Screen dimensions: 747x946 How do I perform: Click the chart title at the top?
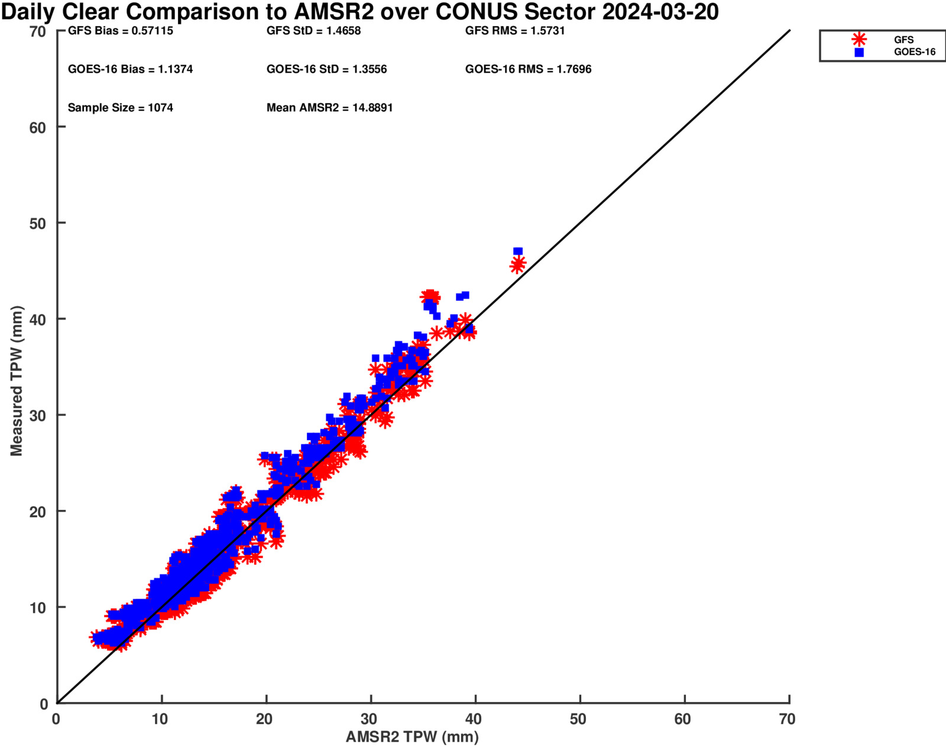coord(359,12)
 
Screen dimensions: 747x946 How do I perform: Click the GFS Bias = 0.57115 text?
coord(121,31)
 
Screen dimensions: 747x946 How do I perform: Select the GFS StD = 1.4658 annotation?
coord(313,31)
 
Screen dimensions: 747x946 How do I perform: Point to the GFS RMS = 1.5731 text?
coord(515,31)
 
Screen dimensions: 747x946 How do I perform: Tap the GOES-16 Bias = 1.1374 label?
coord(130,69)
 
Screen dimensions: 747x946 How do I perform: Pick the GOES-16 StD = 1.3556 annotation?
coord(326,69)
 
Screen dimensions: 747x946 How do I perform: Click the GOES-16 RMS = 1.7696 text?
coord(528,69)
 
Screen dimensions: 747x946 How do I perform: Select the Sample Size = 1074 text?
coord(120,108)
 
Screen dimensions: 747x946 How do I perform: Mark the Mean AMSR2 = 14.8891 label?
coord(329,108)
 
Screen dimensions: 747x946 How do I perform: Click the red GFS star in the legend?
coord(859,40)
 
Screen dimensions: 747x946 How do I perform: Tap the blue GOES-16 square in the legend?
coord(859,52)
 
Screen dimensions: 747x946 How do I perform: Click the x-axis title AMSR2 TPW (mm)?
coord(412,737)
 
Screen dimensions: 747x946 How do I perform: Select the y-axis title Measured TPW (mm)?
coord(16,381)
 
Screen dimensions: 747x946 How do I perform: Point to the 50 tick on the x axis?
coord(578,719)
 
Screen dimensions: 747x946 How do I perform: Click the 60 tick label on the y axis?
coord(37,128)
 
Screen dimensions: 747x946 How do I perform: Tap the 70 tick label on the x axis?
coord(787,719)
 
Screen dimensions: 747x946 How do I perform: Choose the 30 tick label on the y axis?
coord(37,416)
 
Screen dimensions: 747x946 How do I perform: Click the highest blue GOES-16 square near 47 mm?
coord(518,252)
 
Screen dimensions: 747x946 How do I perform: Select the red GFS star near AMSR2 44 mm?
coord(517,265)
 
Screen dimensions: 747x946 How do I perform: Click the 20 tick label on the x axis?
coord(264,719)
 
